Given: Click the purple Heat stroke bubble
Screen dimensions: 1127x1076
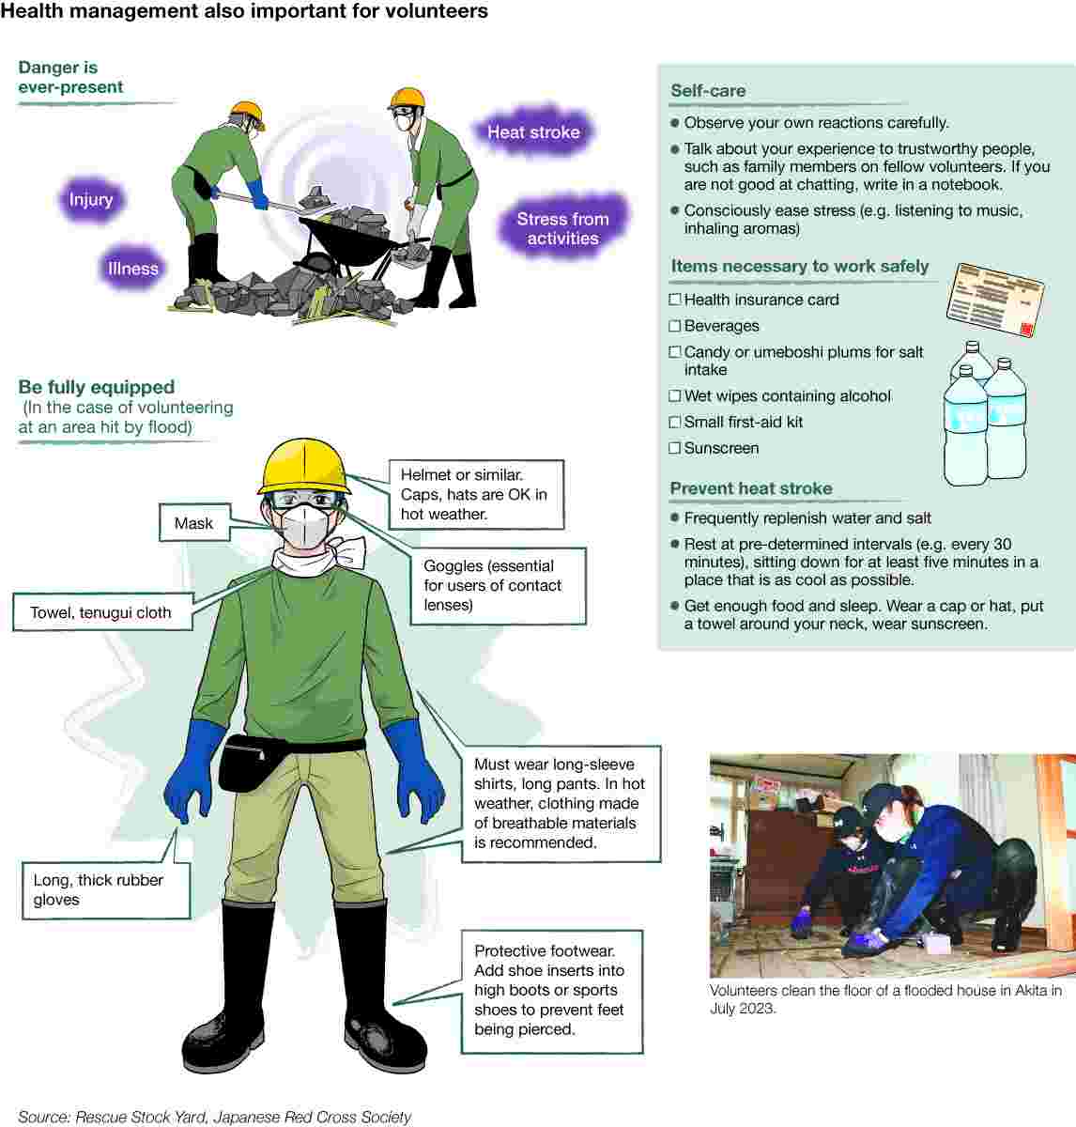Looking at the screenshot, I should (x=533, y=132).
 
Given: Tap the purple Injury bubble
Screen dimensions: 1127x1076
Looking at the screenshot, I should (x=91, y=199).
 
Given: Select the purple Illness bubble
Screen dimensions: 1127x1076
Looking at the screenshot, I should (x=133, y=269).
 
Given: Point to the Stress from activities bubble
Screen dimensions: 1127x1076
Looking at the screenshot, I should (x=562, y=228).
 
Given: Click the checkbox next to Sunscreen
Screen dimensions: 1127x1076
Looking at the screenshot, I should (x=674, y=448).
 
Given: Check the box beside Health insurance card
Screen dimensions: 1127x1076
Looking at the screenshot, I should (x=674, y=300).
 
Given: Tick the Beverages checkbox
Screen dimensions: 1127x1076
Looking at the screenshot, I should (x=674, y=326).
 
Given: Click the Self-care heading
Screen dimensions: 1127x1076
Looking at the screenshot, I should (x=708, y=91).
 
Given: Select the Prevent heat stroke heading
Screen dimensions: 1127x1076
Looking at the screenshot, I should (x=750, y=488).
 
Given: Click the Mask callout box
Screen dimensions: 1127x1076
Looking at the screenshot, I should (x=193, y=523).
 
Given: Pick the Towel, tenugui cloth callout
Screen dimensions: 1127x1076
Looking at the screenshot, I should (x=101, y=612).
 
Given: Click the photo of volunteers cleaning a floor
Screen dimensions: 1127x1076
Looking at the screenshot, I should (x=892, y=864).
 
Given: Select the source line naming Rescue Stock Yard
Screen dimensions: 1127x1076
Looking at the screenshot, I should (x=214, y=1117).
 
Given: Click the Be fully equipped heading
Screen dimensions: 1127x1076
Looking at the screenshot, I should (x=97, y=387).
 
